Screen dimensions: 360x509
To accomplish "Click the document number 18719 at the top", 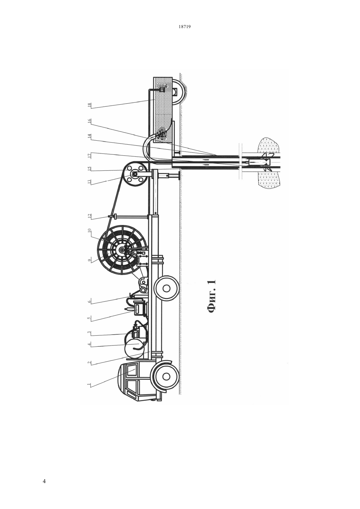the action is (184, 26).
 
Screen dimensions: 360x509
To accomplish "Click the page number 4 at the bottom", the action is (44, 481).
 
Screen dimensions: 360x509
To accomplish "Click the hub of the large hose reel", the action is (122, 250).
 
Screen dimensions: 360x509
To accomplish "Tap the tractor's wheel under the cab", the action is (166, 376).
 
